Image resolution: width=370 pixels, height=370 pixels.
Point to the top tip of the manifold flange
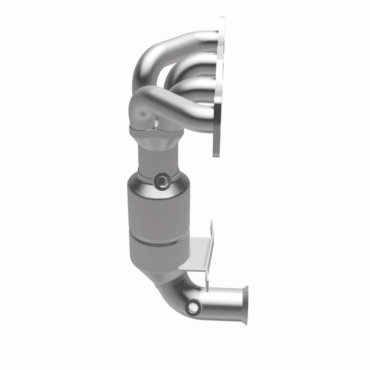pyautogui.click(x=222, y=19)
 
